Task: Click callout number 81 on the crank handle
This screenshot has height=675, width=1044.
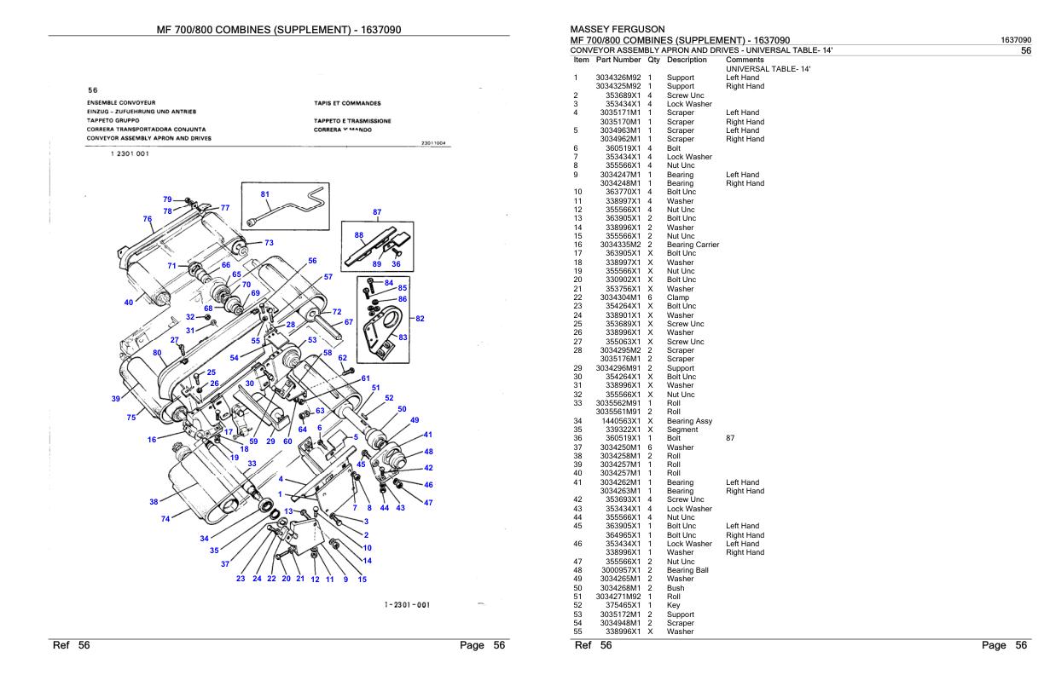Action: pos(264,193)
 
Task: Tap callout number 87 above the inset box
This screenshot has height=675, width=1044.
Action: pos(377,211)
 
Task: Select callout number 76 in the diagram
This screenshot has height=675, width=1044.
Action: pos(148,218)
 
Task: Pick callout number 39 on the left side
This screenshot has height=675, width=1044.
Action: pos(115,398)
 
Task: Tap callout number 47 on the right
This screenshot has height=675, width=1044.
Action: pos(428,503)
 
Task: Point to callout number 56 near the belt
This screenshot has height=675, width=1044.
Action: pos(312,261)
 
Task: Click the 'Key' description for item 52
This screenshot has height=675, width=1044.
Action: pos(673,604)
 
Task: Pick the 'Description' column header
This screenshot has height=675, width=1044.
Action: pos(687,60)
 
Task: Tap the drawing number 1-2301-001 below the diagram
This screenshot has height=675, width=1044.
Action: pos(407,604)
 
